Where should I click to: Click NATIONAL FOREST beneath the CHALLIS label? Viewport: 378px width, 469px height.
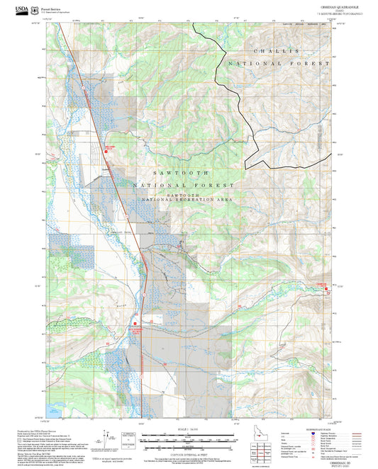[279, 64]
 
